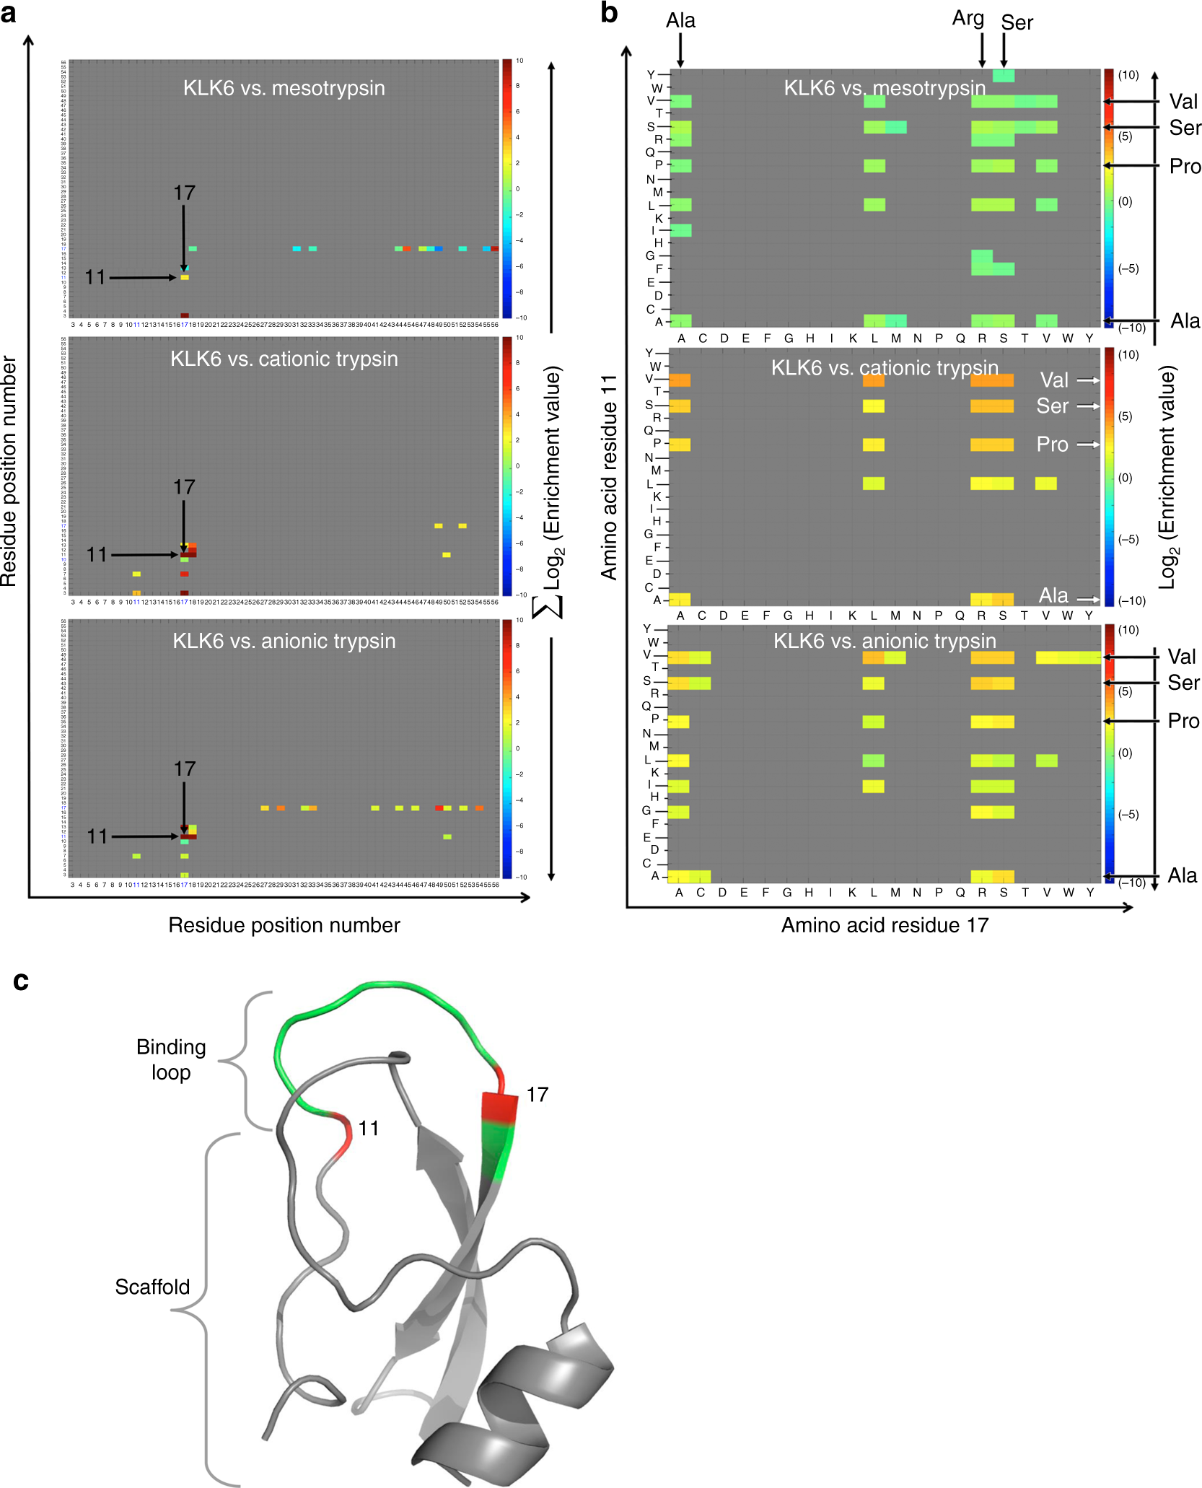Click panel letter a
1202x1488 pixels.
click(x=9, y=13)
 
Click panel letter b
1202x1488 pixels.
click(x=609, y=13)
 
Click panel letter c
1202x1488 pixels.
click(x=20, y=981)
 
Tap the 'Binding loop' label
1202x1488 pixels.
click(x=171, y=1059)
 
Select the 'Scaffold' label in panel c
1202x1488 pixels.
click(x=152, y=1287)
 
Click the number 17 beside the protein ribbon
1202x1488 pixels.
click(x=537, y=1095)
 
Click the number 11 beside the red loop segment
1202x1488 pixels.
click(x=369, y=1128)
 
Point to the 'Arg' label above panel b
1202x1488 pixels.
click(x=968, y=18)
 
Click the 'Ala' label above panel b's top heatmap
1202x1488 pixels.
click(x=680, y=21)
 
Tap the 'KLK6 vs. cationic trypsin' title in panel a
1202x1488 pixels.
click(x=284, y=359)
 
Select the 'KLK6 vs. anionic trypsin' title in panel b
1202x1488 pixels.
click(x=885, y=641)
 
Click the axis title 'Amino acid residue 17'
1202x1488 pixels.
click(x=885, y=925)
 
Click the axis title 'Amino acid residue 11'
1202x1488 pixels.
click(x=610, y=476)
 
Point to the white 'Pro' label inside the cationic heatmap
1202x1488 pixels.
click(x=1052, y=445)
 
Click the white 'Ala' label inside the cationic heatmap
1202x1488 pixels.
click(x=1053, y=596)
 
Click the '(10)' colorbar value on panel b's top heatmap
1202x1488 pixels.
click(x=1128, y=75)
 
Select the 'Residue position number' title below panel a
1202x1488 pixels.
click(x=284, y=925)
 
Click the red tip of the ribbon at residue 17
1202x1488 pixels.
click(x=499, y=1108)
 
